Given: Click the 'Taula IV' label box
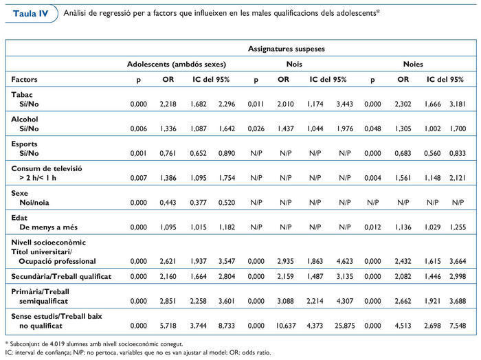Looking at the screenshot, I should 29,14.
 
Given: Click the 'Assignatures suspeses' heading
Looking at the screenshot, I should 286,49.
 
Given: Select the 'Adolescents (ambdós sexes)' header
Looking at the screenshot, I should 177,64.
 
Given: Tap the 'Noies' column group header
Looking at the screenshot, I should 413,64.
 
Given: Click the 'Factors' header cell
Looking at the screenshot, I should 24,80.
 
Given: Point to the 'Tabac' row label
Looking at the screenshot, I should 23,95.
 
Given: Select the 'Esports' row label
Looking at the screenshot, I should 25,143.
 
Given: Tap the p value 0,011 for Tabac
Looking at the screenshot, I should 256,104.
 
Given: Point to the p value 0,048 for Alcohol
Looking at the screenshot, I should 372,128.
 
